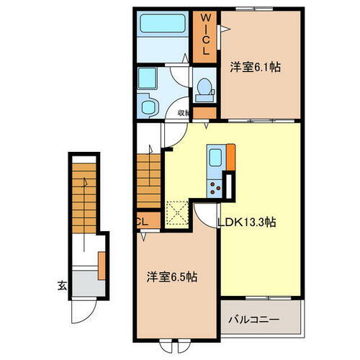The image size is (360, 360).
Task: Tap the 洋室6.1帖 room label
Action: click(255, 67)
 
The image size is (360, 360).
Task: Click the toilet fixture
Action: click(204, 89)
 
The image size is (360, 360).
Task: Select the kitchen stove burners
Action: click(215, 187)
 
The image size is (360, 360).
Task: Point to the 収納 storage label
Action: click(184, 112)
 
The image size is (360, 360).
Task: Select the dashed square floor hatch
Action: click(177, 213)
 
